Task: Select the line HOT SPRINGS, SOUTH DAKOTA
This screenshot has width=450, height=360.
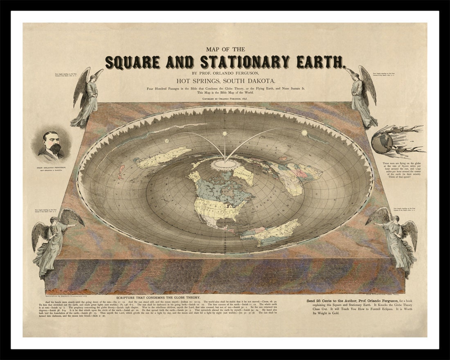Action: (225, 80)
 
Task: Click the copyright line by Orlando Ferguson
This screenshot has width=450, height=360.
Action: (225, 99)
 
